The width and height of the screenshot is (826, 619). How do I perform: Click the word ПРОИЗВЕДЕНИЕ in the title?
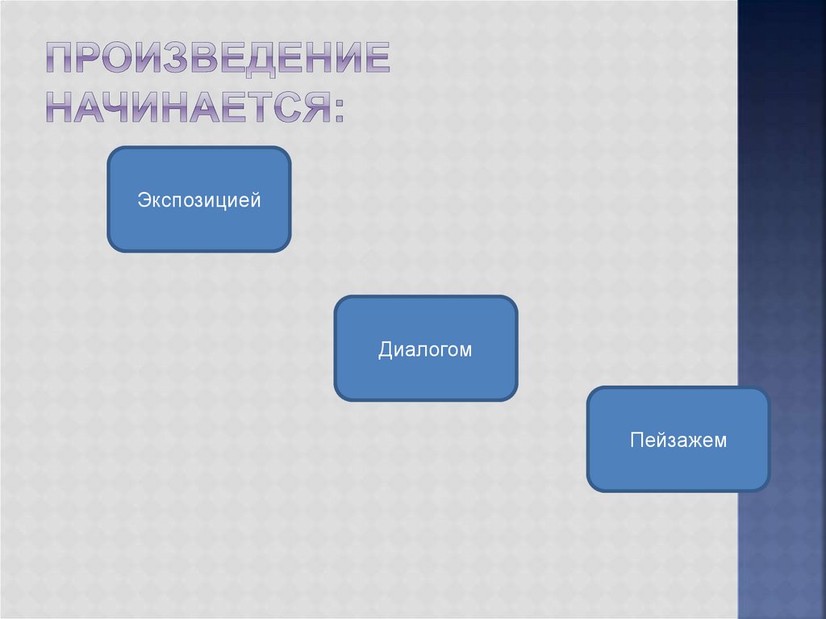[216, 61]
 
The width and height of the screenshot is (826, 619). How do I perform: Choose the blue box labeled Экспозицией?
[198, 199]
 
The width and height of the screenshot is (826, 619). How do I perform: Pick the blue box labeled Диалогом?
[425, 349]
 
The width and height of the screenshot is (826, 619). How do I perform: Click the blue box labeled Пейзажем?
[678, 440]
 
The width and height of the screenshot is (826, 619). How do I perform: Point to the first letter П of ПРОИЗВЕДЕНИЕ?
[59, 61]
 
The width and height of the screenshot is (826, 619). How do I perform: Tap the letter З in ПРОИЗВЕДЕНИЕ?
[175, 61]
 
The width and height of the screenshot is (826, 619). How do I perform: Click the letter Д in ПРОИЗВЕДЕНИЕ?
[260, 61]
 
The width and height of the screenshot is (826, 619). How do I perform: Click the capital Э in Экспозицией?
[142, 199]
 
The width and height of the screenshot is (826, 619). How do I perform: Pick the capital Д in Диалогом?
[386, 349]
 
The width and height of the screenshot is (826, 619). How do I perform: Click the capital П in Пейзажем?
[636, 440]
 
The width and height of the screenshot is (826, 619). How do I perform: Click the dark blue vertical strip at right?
[782, 242]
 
